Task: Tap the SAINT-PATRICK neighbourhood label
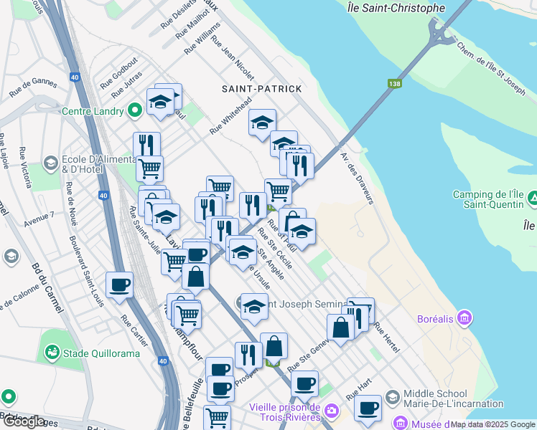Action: [x=262, y=87]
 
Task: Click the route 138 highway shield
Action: [x=393, y=84]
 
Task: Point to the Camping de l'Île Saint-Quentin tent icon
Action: [x=532, y=196]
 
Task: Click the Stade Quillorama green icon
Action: [x=51, y=352]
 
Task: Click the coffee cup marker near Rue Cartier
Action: [x=119, y=285]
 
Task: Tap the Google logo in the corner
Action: [x=24, y=421]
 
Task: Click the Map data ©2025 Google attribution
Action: [x=492, y=424]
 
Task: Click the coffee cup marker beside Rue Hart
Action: [x=368, y=409]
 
